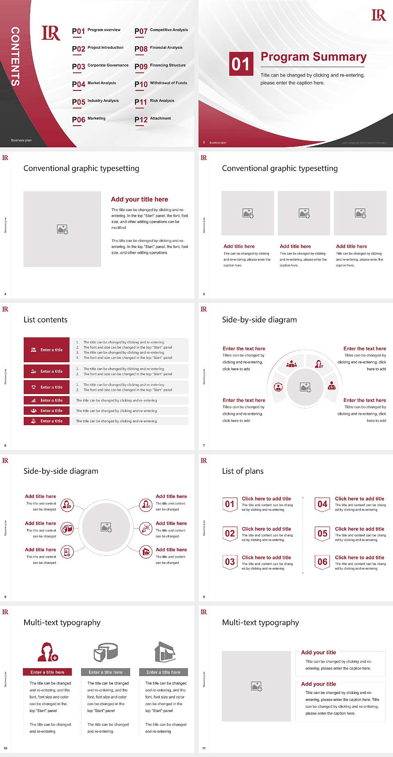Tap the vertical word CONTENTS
(15, 56)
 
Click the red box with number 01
(241, 64)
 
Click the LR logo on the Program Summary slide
(378, 15)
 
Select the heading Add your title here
(139, 199)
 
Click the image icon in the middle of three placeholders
(304, 213)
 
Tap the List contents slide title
(45, 320)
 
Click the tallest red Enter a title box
(47, 350)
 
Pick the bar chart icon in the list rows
(34, 400)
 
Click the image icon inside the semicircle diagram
(305, 387)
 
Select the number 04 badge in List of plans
(322, 504)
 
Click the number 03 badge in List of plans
(230, 562)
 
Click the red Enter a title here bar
(47, 672)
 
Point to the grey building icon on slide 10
(165, 652)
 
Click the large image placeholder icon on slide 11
(256, 686)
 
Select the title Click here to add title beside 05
(359, 529)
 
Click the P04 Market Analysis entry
(94, 84)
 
